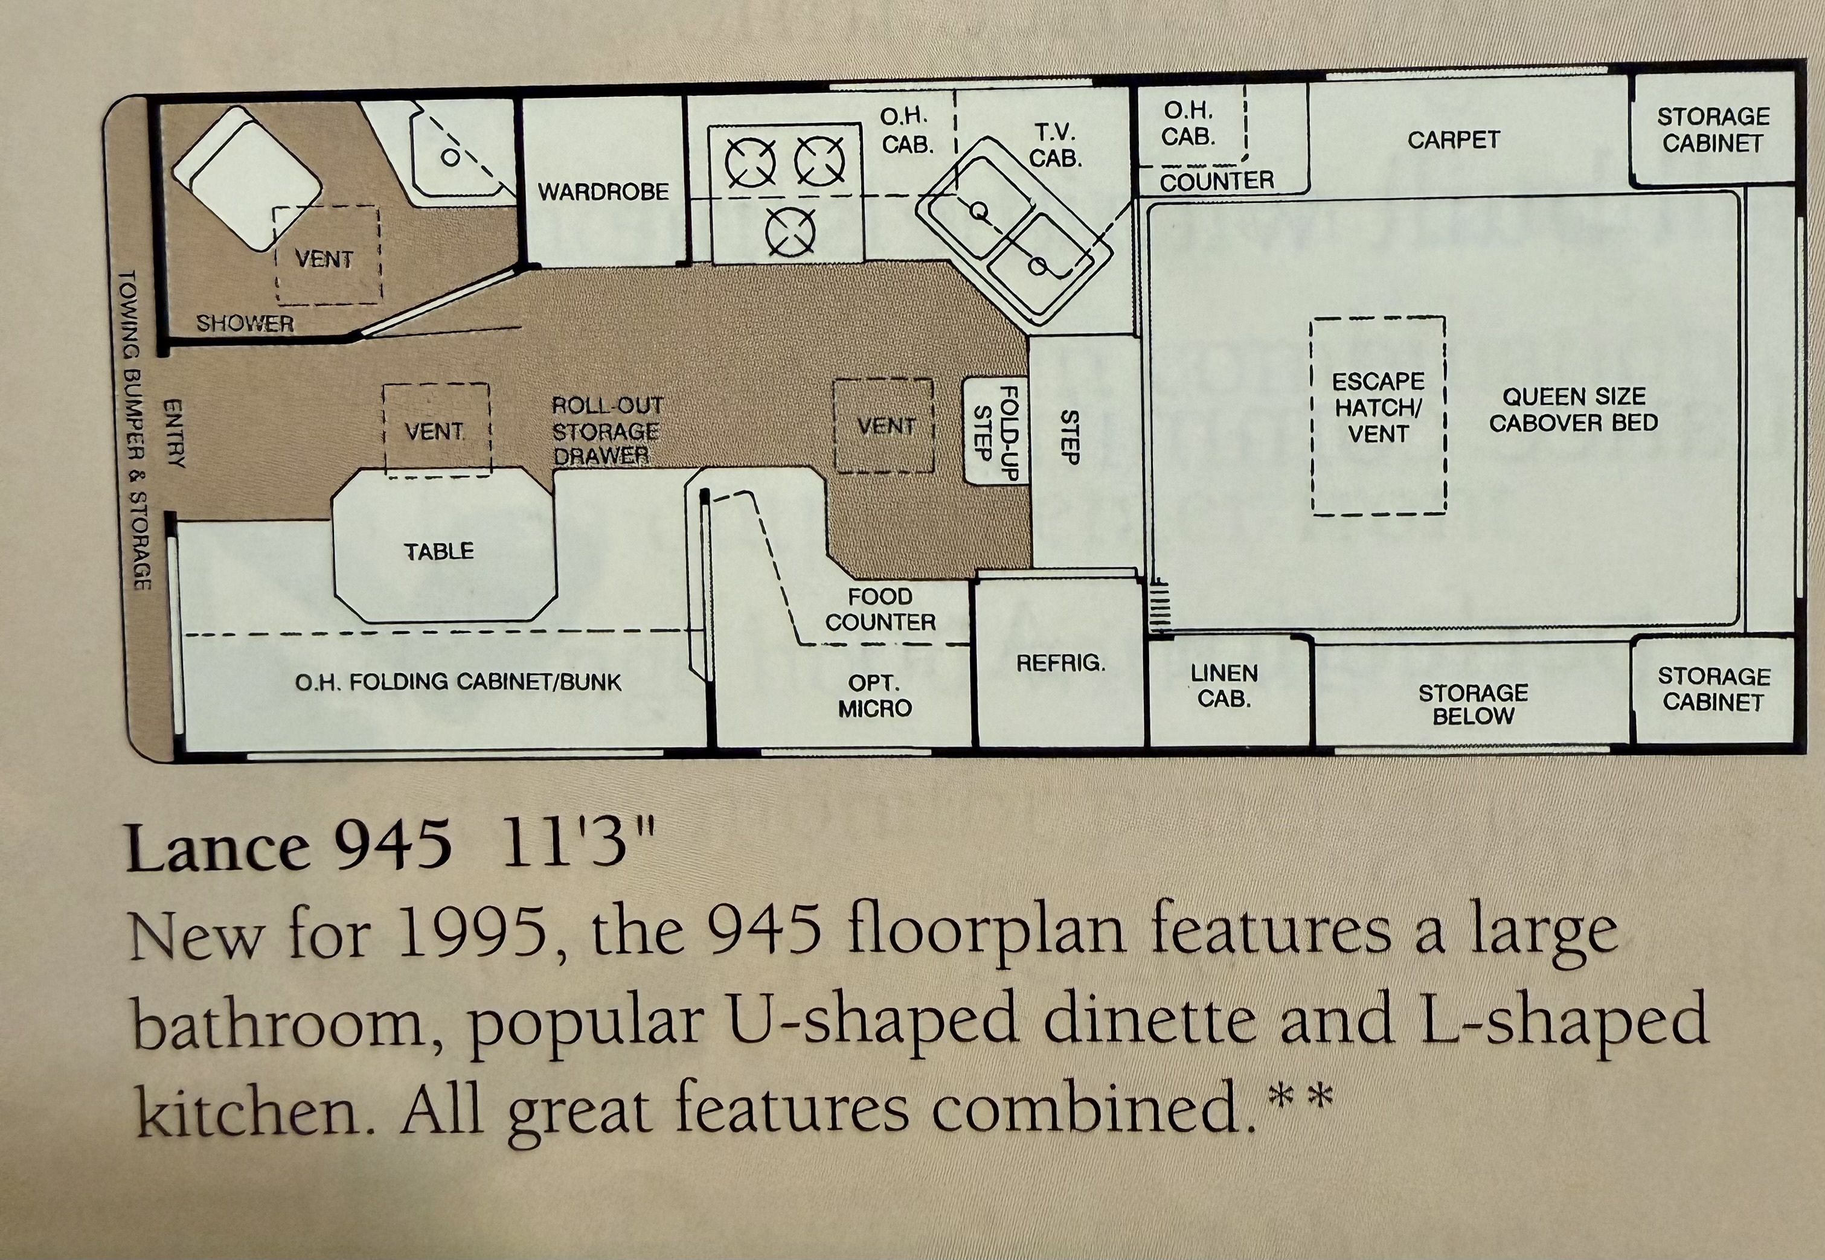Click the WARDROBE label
click(603, 192)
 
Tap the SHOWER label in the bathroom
click(245, 324)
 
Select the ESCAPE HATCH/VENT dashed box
click(1378, 416)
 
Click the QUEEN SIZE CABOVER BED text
click(1573, 410)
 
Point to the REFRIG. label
click(1060, 663)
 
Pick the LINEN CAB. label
click(1224, 685)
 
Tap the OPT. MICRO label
click(875, 696)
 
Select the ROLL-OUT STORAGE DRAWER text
click(606, 431)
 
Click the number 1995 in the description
click(473, 934)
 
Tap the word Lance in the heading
click(218, 849)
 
